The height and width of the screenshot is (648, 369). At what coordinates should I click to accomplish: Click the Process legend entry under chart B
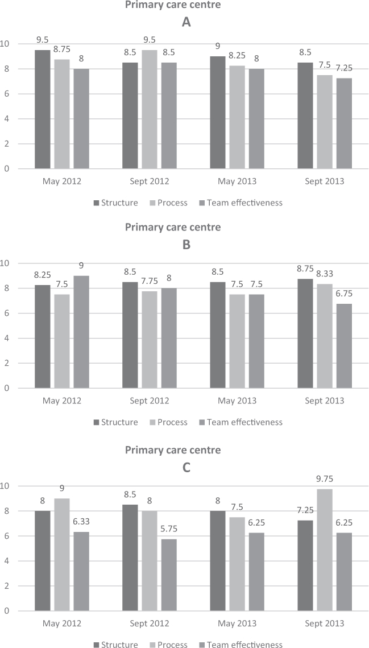(x=165, y=422)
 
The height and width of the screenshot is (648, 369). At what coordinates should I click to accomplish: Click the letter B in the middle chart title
(x=185, y=245)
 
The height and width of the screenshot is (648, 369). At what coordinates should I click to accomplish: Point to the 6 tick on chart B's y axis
(x=7, y=313)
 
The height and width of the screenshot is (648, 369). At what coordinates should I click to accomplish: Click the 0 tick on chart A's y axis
(x=7, y=169)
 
